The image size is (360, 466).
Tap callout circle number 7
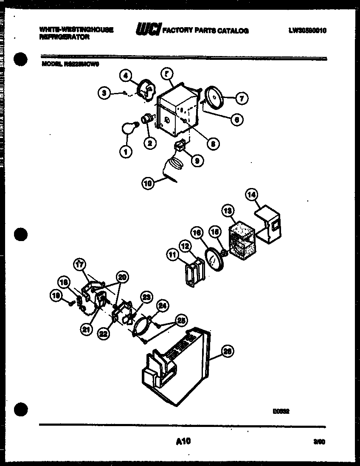pyautogui.click(x=241, y=98)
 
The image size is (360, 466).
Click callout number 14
pyautogui.click(x=252, y=195)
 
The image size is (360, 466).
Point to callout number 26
pyautogui.click(x=228, y=351)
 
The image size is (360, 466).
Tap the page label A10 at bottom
pyautogui.click(x=183, y=442)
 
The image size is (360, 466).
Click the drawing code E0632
pyautogui.click(x=281, y=410)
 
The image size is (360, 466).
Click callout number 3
pyautogui.click(x=104, y=93)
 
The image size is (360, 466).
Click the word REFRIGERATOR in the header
pyautogui.click(x=65, y=37)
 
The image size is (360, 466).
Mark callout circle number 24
pyautogui.click(x=162, y=305)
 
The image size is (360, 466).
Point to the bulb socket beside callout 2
pyautogui.click(x=147, y=118)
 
